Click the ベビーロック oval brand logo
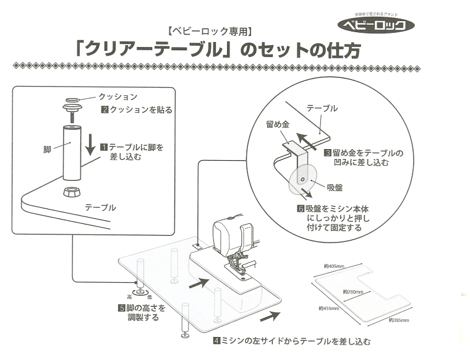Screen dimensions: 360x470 380,25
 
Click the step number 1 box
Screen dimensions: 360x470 104,148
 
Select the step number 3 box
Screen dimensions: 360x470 327,153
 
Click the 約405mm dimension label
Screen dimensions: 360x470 334,266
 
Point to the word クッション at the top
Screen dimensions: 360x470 117,97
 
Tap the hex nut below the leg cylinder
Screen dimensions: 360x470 72,190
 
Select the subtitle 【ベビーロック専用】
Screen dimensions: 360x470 208,30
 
